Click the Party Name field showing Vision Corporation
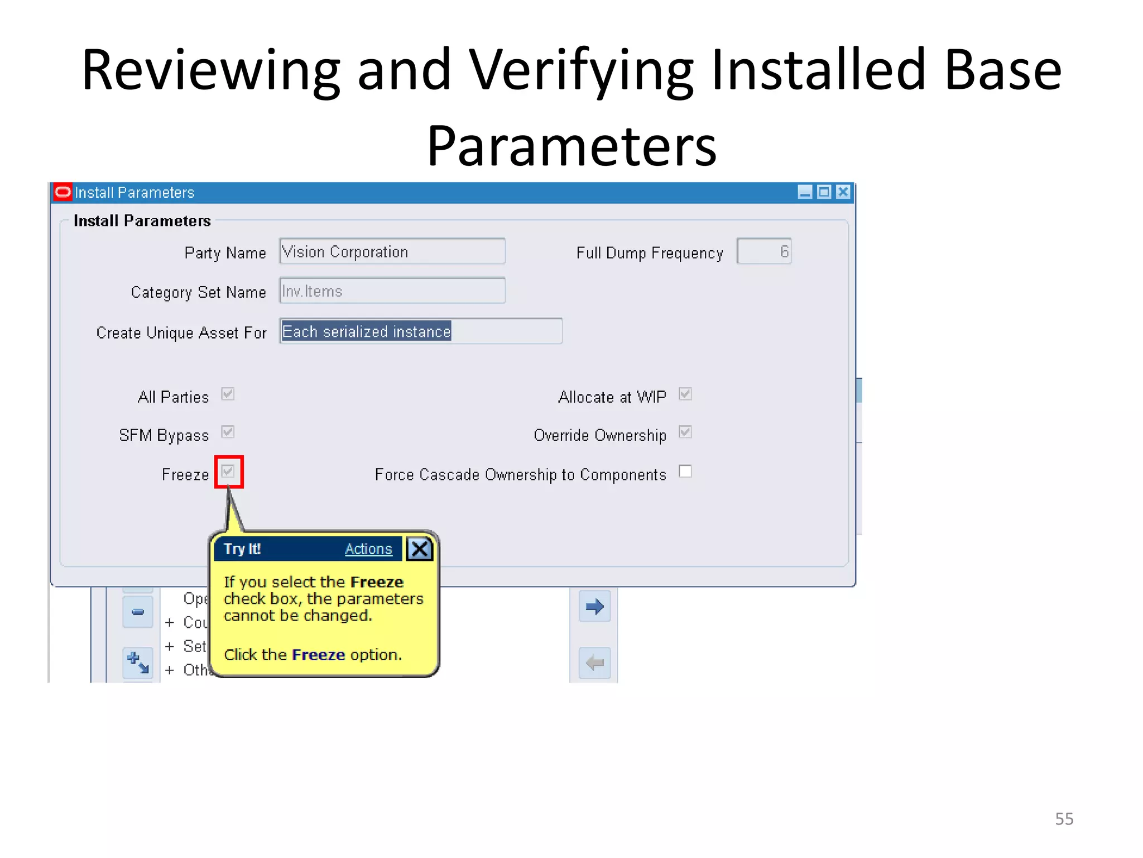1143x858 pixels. [x=392, y=252]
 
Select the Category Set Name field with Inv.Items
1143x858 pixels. [x=392, y=291]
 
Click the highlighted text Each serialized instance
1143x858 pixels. [x=366, y=331]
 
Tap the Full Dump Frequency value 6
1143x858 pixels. [x=764, y=251]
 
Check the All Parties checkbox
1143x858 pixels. [x=228, y=394]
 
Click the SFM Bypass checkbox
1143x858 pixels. [x=228, y=432]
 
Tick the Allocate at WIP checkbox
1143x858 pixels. [x=685, y=394]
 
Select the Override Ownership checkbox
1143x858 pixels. [x=685, y=432]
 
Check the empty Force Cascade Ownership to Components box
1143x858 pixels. [x=685, y=471]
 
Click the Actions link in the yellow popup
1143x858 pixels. [x=368, y=549]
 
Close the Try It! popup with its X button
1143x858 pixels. [x=420, y=549]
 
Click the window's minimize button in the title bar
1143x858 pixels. [x=805, y=192]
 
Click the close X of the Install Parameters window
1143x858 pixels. [x=843, y=192]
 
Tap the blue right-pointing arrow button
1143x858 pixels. [x=594, y=606]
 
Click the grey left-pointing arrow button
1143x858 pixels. [x=594, y=663]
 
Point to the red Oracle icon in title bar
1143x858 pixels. [x=63, y=192]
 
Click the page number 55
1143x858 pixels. [x=1064, y=819]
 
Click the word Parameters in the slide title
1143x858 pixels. [x=571, y=146]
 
